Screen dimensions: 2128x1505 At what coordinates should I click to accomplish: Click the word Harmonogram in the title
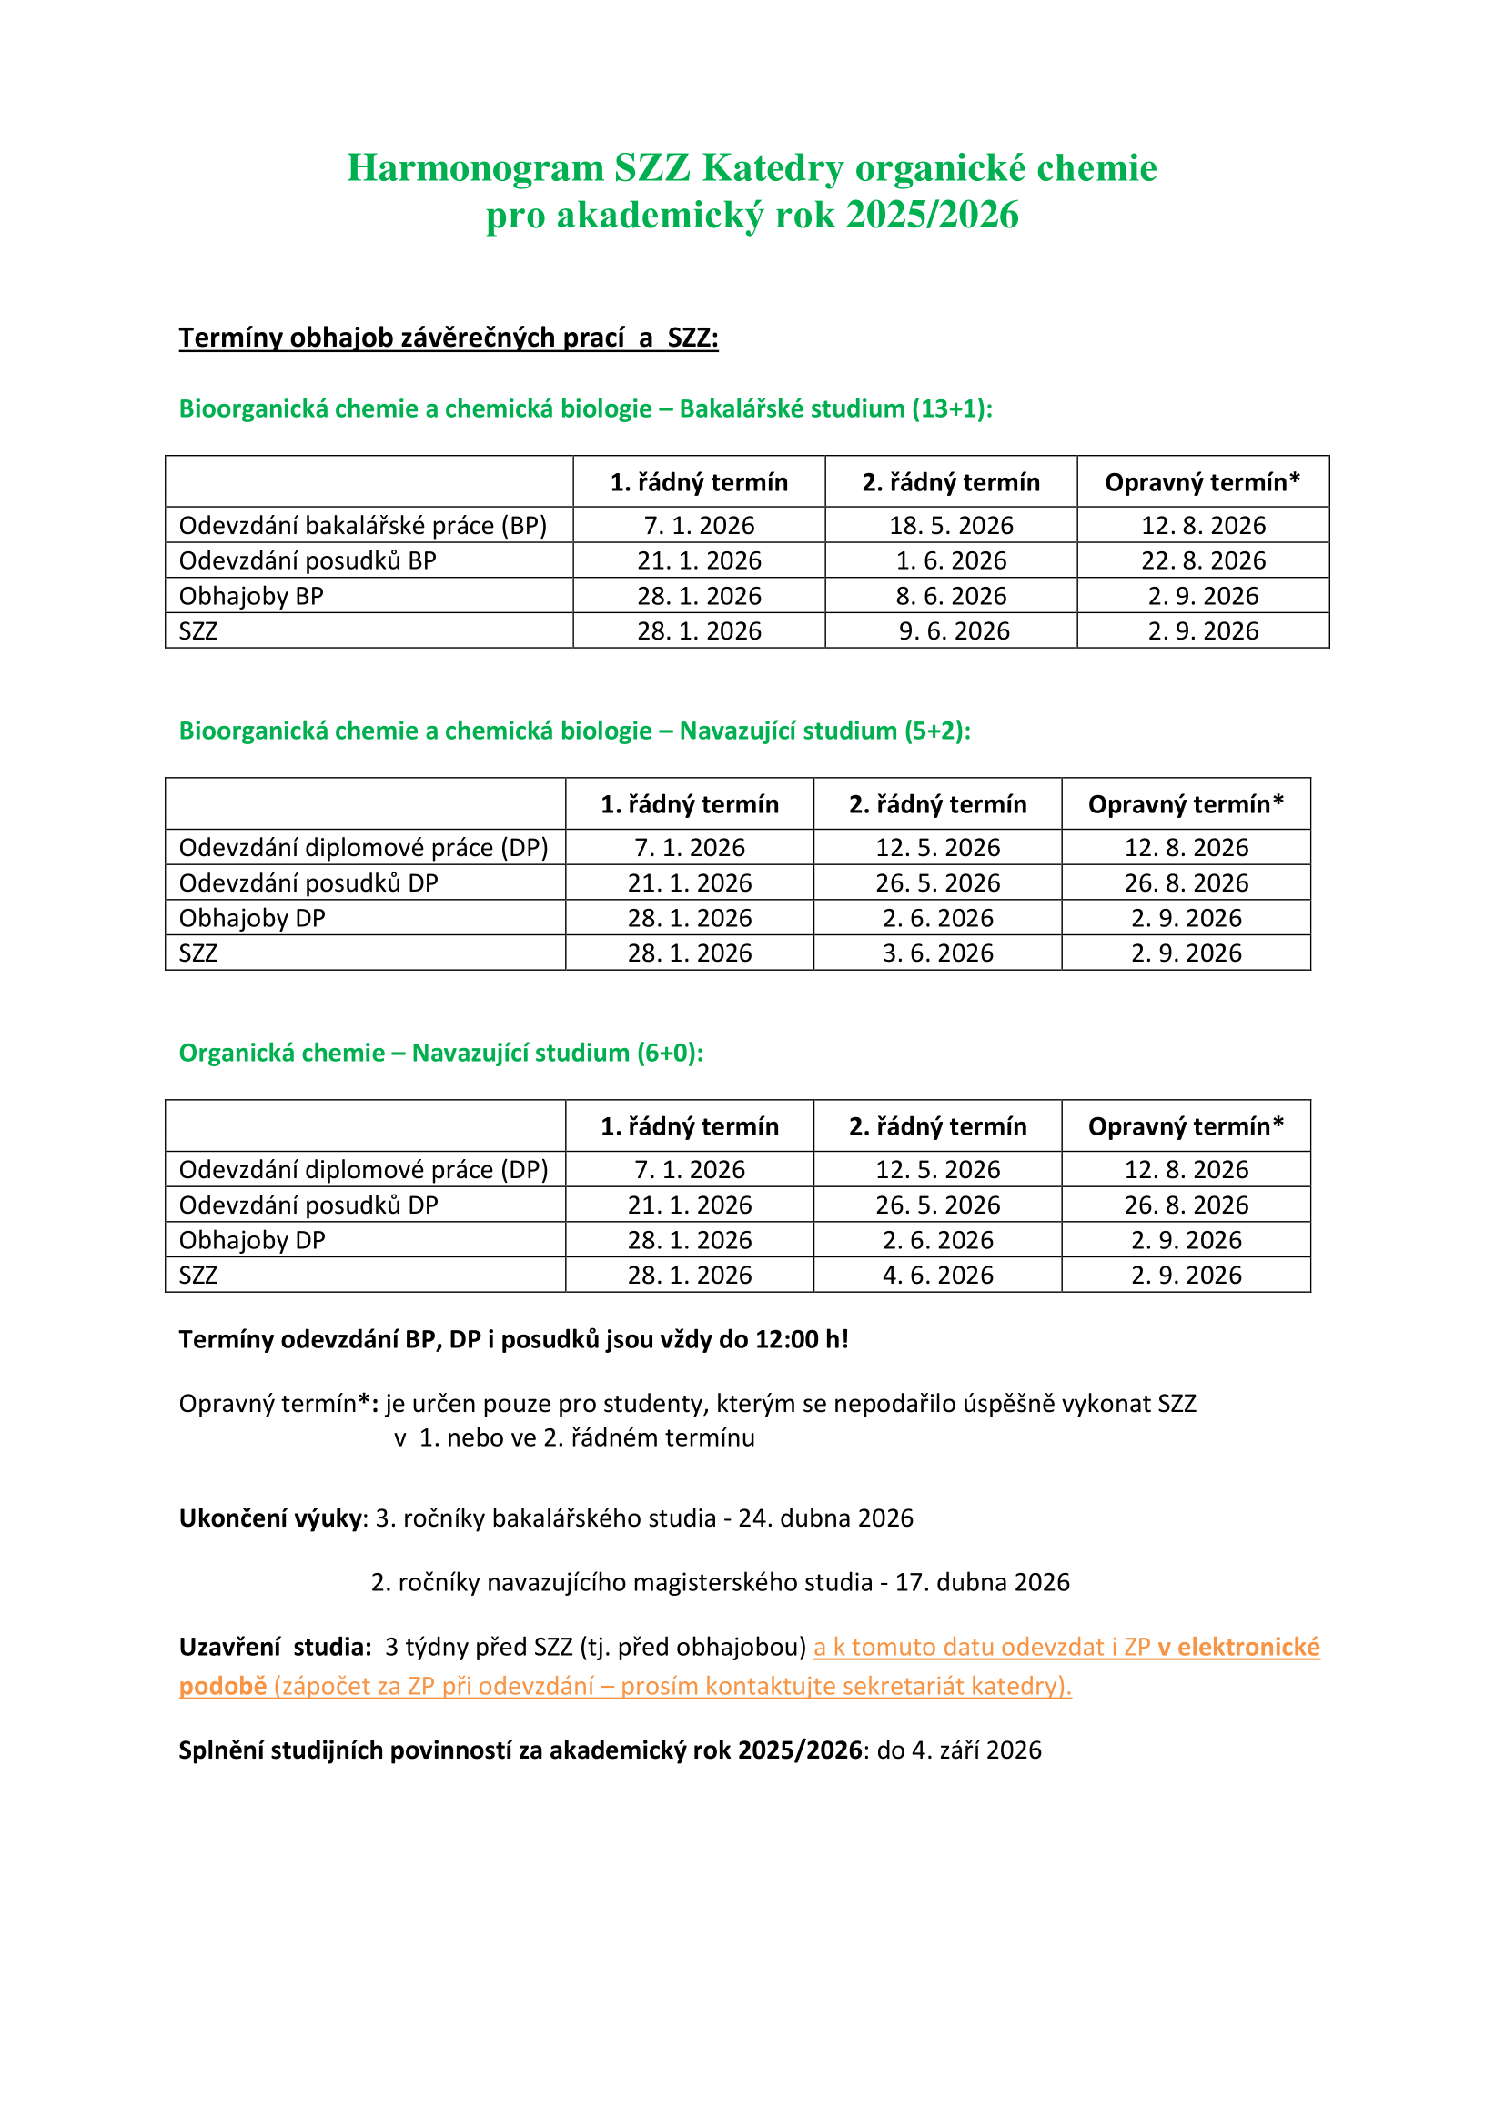[474, 168]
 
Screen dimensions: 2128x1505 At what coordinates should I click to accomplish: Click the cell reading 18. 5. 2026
[951, 526]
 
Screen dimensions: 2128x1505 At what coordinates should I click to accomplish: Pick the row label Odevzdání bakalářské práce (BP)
[362, 526]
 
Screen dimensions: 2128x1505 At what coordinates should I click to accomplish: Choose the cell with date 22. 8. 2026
[1203, 560]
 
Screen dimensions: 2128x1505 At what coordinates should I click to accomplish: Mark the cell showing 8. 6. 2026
[951, 596]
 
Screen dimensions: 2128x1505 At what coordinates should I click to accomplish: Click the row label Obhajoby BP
[251, 596]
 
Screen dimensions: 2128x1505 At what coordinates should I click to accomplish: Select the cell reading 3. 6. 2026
[938, 953]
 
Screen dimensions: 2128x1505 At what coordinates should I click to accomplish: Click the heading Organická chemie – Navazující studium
[440, 1053]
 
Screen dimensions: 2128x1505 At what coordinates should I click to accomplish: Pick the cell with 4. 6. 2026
[938, 1276]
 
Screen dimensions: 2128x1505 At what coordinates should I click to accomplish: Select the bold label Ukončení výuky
[269, 1518]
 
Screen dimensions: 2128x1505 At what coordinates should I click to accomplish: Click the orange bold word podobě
[222, 1686]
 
